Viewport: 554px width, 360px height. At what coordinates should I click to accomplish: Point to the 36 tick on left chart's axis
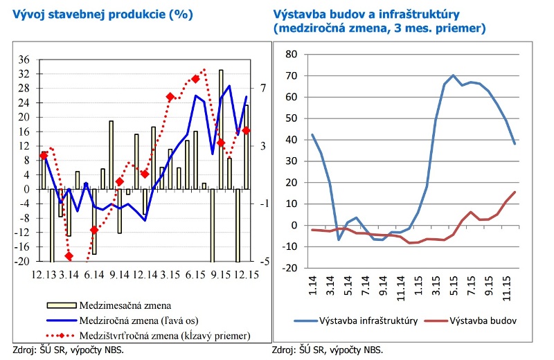pyautogui.click(x=24, y=59)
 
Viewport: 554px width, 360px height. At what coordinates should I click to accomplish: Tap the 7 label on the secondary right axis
pyautogui.click(x=263, y=88)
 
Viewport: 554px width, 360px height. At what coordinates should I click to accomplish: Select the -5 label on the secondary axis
pyautogui.click(x=263, y=262)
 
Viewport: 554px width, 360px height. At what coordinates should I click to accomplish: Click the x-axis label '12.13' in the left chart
pyautogui.click(x=43, y=275)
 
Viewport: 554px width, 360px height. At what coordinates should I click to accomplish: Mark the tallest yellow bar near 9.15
pyautogui.click(x=221, y=128)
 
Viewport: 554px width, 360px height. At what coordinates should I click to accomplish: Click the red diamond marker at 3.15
pyautogui.click(x=170, y=97)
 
